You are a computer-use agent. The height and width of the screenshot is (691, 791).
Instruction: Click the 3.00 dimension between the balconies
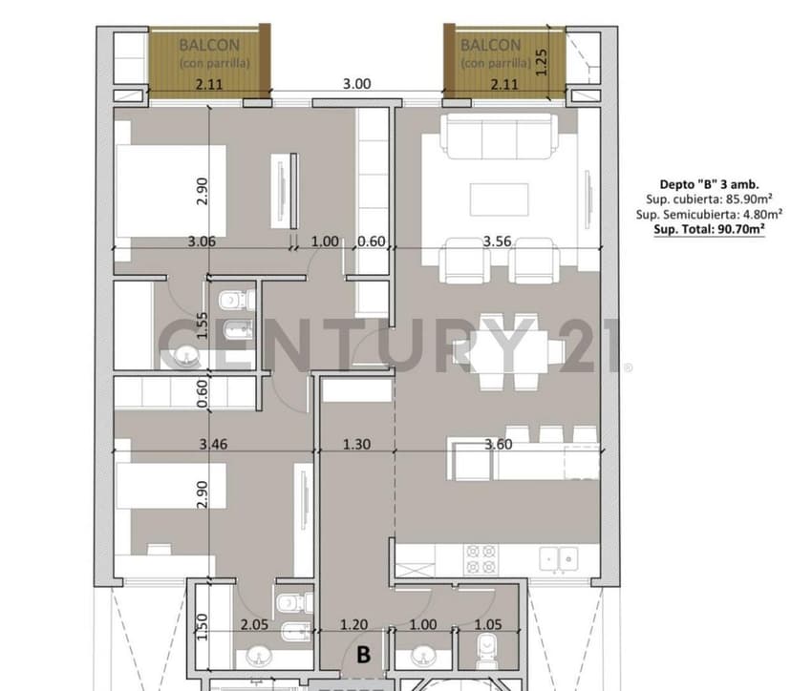[x=356, y=84]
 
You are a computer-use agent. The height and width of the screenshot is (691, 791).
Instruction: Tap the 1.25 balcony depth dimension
[x=541, y=62]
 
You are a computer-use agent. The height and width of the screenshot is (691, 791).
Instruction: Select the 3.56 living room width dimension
[x=497, y=241]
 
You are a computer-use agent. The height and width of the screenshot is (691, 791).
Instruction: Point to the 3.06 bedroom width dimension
[x=202, y=241]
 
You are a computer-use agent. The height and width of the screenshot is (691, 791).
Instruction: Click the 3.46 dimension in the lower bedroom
[x=213, y=444]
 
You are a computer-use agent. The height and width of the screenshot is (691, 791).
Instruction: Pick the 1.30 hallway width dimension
[x=356, y=444]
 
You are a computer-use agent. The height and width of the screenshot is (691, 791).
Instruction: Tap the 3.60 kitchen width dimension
[x=499, y=444]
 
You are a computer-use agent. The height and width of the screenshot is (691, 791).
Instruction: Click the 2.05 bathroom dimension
[x=254, y=624]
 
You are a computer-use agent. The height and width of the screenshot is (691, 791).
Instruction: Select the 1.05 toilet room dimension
[x=488, y=624]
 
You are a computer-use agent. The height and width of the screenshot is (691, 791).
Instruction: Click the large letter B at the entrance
[x=363, y=655]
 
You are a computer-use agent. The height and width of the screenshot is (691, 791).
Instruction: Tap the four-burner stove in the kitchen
[x=481, y=559]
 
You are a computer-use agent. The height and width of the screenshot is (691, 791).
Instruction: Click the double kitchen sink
[x=559, y=559]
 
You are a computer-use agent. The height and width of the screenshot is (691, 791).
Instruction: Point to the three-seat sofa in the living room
[x=499, y=136]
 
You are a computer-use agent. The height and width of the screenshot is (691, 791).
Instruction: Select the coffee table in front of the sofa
[x=500, y=199]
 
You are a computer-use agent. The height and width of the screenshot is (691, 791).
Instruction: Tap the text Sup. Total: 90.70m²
[x=709, y=229]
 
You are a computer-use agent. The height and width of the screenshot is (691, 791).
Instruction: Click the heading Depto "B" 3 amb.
[x=709, y=184]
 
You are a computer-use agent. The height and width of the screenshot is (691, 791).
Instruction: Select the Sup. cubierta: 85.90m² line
[x=709, y=199]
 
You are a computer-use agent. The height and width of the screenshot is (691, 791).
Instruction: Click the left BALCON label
[x=209, y=46]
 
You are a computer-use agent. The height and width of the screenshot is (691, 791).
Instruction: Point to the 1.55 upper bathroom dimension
[x=202, y=325]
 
